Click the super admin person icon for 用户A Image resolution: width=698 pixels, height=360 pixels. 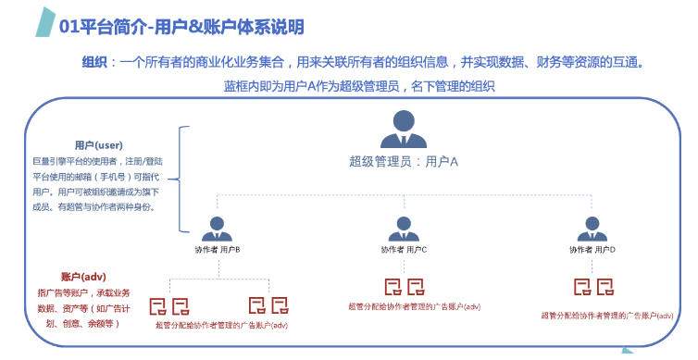[x=403, y=130]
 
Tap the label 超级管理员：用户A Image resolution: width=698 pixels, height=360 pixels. [x=404, y=162]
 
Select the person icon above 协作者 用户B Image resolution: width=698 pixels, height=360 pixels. [x=218, y=228]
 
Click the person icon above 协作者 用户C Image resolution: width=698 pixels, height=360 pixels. [x=403, y=228]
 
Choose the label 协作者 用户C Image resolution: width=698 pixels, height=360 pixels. [x=404, y=250]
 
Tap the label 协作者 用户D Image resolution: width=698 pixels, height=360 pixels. [x=592, y=250]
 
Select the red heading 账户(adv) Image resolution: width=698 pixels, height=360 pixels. [x=84, y=277]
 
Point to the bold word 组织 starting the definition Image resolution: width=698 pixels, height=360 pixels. [x=94, y=63]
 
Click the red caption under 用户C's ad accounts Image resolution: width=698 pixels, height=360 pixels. [x=414, y=305]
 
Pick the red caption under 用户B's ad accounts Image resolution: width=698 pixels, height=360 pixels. [x=222, y=325]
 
